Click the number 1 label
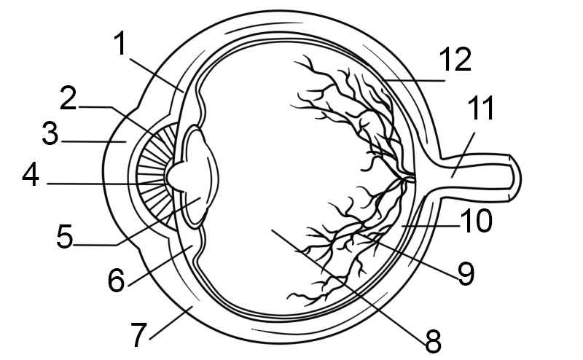point(120,44)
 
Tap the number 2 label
point(69,98)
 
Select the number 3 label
point(50,133)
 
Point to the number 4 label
point(31,175)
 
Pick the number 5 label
point(65,237)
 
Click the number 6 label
point(117,280)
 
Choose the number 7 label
point(138,335)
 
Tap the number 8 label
point(433,341)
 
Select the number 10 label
point(477,221)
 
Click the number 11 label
point(481,108)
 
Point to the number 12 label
point(455,59)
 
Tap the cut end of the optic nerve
point(514,179)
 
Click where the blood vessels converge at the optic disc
point(408,178)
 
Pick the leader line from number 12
point(413,80)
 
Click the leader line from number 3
point(94,141)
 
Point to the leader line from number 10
point(431,226)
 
